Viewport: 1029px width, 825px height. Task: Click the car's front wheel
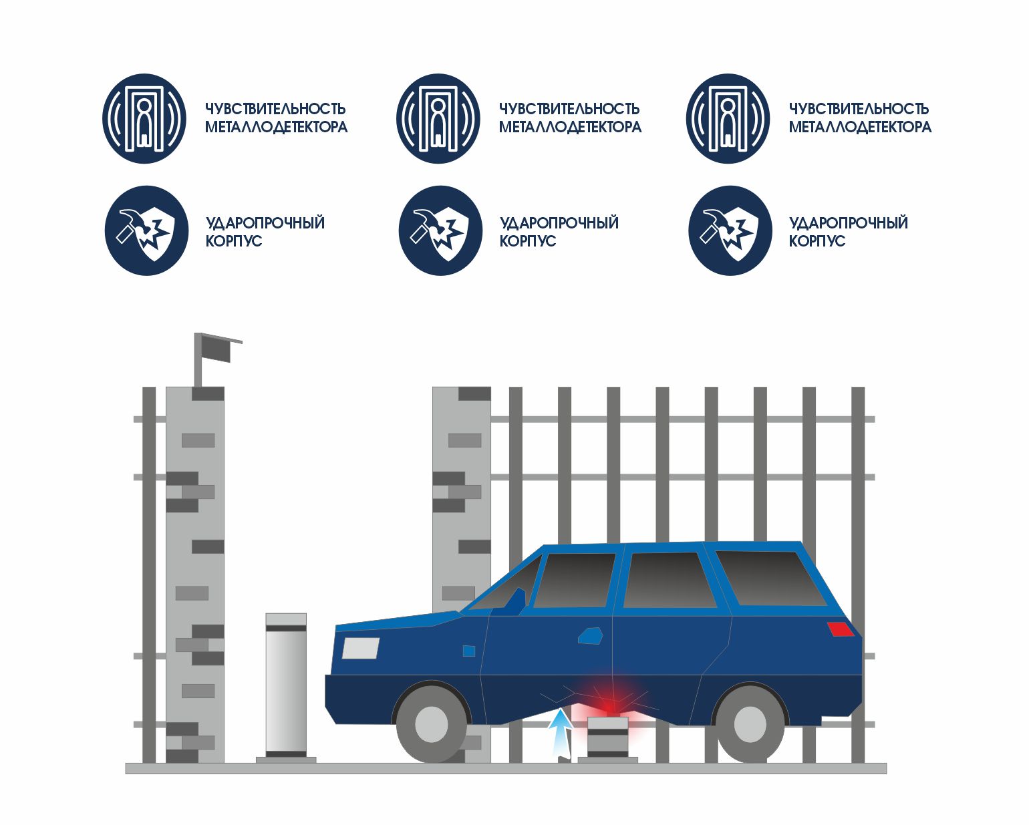coord(431,723)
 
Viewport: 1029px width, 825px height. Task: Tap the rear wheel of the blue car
coord(749,723)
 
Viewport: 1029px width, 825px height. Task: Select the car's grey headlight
coord(361,648)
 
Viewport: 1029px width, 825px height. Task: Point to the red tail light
coord(840,629)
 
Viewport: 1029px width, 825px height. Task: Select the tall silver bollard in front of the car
coord(286,685)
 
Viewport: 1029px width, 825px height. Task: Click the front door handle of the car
coord(591,635)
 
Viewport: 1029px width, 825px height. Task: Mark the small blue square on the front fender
coord(469,650)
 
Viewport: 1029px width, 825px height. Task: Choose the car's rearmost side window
coord(768,578)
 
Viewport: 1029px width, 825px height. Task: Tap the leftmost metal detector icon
coord(144,119)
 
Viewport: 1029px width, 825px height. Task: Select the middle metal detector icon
coord(438,119)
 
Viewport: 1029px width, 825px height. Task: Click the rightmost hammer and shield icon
coord(730,230)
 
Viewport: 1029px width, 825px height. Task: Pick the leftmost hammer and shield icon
coord(146,230)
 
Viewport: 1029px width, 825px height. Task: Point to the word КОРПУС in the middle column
coord(528,241)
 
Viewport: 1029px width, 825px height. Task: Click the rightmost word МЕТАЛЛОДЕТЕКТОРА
coord(860,127)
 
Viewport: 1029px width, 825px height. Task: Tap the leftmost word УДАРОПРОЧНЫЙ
coord(265,222)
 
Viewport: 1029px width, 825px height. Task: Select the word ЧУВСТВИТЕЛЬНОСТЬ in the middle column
coord(569,108)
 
